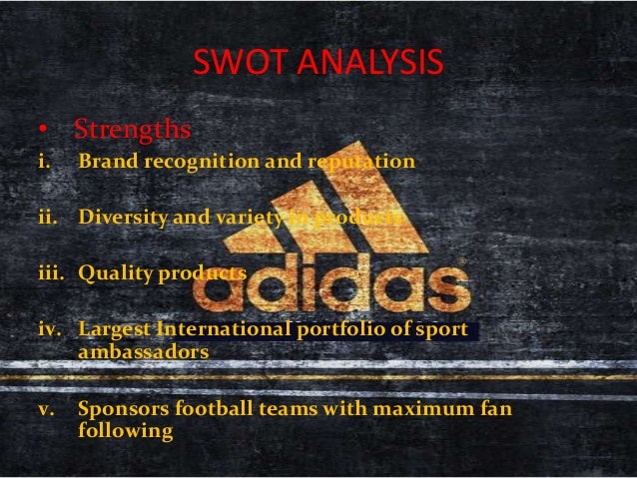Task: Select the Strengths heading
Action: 132,131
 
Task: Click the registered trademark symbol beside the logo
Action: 461,261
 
